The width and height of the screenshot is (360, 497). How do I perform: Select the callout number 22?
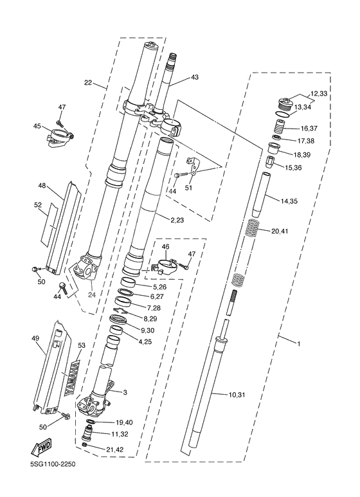(89, 82)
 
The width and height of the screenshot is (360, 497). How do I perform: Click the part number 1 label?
(298, 341)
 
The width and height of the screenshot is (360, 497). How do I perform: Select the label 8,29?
(150, 318)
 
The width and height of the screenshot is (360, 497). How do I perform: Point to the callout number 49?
(35, 339)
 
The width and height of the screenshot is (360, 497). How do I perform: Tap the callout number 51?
(188, 188)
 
